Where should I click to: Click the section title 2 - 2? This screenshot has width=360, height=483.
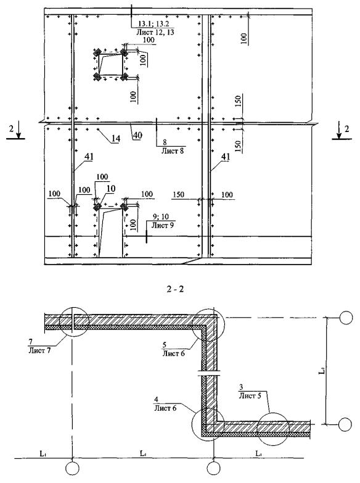click(175, 289)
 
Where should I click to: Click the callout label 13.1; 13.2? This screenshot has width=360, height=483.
click(153, 23)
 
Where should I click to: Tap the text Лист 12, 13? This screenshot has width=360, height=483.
click(155, 31)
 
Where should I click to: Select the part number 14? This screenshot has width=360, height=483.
click(115, 139)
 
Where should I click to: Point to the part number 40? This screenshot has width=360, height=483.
click(137, 136)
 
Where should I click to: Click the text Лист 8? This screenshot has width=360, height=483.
click(173, 151)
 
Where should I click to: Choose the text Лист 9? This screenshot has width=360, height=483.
click(162, 225)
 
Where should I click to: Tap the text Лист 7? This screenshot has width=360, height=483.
click(39, 350)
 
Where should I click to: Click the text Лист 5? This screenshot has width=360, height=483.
click(250, 395)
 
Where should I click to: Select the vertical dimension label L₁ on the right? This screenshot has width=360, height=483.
click(321, 371)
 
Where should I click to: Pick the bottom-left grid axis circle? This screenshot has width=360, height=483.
click(72, 469)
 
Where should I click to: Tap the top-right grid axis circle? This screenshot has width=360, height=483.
click(346, 317)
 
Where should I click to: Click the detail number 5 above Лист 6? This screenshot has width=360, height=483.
click(165, 345)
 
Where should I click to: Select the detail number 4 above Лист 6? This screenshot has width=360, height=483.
click(157, 400)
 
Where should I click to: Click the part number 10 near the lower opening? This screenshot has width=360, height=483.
click(111, 189)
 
